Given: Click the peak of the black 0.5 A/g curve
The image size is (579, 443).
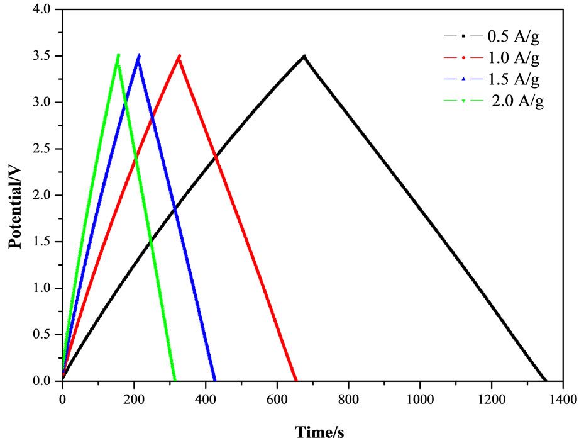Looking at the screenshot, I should [304, 56].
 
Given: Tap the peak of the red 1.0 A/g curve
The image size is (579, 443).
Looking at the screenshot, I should [180, 55].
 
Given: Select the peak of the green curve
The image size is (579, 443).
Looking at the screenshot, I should [118, 55].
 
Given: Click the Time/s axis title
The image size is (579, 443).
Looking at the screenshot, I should [320, 432].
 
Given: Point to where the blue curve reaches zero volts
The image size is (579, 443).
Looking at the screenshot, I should [215, 381].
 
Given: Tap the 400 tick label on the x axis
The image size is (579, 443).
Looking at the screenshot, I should [205, 398].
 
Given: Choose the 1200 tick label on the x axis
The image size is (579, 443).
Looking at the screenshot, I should [491, 398].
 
